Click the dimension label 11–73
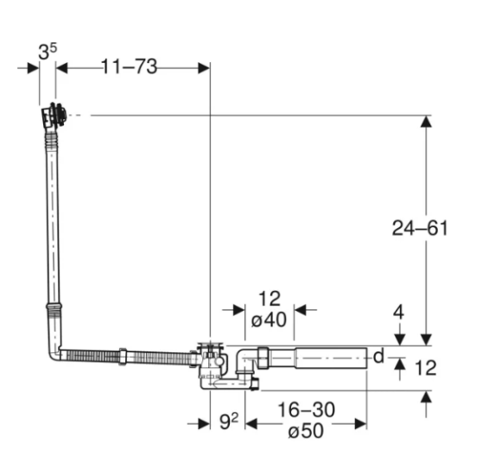click(x=130, y=66)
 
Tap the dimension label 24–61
click(x=420, y=228)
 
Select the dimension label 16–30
click(x=307, y=409)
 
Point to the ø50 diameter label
click(x=306, y=431)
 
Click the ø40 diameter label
click(x=269, y=320)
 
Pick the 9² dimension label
click(x=229, y=421)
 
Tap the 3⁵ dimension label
click(x=48, y=51)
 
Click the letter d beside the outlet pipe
click(x=378, y=356)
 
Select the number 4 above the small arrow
click(x=398, y=312)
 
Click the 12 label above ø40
click(x=270, y=298)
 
